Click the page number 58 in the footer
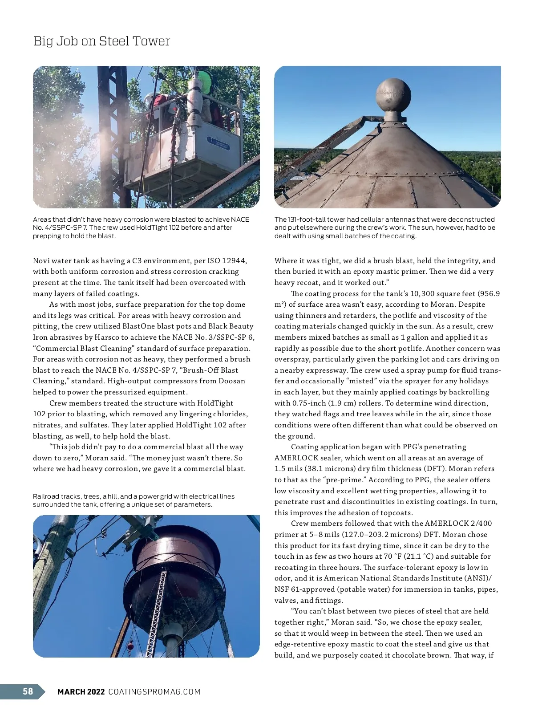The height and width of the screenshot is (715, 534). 28,691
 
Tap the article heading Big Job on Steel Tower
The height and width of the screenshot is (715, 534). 101,41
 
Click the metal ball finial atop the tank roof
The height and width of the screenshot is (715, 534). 393,95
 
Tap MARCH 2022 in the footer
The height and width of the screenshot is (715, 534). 81,691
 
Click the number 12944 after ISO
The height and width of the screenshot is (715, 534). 234,261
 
